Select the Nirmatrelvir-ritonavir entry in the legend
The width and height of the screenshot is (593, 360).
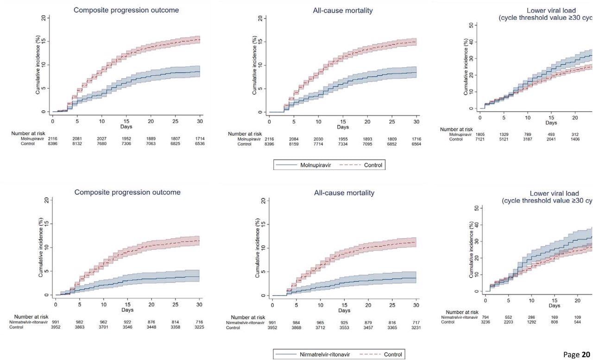pyautogui.click(x=324, y=354)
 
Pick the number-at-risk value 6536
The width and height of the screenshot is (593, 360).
pyautogui.click(x=200, y=144)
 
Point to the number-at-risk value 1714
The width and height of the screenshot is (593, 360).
pyautogui.click(x=200, y=139)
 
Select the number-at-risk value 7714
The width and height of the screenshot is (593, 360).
pyautogui.click(x=318, y=144)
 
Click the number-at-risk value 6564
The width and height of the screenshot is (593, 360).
pyautogui.click(x=416, y=144)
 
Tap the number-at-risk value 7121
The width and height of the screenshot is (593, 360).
pyautogui.click(x=480, y=139)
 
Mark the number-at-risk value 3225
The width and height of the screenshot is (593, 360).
pyautogui.click(x=199, y=328)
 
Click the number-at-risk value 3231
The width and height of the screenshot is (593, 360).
pyautogui.click(x=416, y=328)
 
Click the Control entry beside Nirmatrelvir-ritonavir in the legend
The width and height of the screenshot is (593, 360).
pyautogui.click(x=393, y=354)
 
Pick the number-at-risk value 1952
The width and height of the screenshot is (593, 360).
pyautogui.click(x=126, y=139)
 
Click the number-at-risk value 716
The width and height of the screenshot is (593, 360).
pyautogui.click(x=199, y=322)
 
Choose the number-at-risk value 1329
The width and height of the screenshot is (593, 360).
pyautogui.click(x=504, y=134)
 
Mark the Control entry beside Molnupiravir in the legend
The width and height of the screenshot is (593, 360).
pyautogui.click(x=373, y=165)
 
